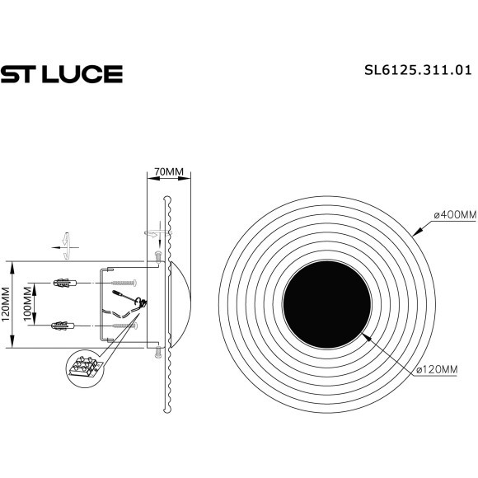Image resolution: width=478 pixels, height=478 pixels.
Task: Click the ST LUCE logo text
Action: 61,74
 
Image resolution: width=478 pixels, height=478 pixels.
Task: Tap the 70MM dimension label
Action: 169,171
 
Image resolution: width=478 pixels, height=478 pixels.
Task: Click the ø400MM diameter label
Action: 445,215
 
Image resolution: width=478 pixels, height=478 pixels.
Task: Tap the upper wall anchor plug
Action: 63,284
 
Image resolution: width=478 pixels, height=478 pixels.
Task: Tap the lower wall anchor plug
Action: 63,325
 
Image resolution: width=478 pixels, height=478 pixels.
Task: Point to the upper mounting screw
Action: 123,284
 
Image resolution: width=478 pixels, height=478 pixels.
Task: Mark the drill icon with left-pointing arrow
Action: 62,244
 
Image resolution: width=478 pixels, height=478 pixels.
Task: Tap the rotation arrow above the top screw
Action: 154,232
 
